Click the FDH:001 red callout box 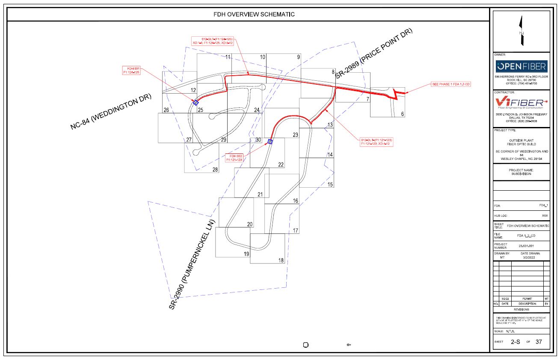(131, 71)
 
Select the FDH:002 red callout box (234, 158)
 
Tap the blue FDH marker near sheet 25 (196, 103)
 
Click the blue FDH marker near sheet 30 (270, 142)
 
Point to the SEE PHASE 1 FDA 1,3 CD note (451, 85)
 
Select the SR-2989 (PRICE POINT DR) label (373, 54)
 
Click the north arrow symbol (521, 30)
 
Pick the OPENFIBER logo (521, 66)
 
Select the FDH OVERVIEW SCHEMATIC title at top (254, 14)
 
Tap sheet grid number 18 (281, 260)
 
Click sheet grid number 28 (215, 170)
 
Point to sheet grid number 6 (402, 114)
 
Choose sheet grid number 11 (228, 57)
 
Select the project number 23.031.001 (527, 246)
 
